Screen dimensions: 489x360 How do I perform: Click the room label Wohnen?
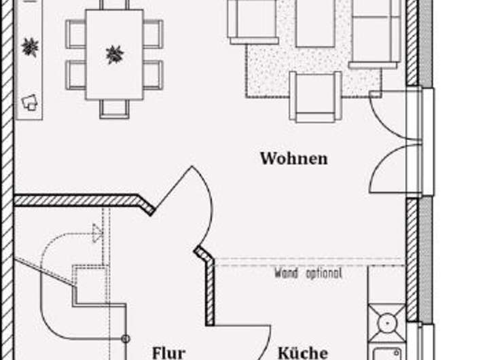point(293,159)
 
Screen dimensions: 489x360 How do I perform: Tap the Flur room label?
point(168,353)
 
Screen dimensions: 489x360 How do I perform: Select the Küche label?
point(303,353)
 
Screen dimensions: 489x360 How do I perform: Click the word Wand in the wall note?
point(286,274)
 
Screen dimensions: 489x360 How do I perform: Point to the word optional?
point(322,274)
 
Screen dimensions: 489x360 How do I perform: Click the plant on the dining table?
point(115,54)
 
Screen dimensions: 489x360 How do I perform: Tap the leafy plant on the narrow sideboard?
point(29,47)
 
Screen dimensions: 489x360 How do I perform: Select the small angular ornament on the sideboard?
point(29,102)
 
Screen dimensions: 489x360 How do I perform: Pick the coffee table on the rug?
point(315,23)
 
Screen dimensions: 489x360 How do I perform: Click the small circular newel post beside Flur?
point(125,338)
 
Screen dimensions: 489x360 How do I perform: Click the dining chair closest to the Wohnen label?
point(153,75)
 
